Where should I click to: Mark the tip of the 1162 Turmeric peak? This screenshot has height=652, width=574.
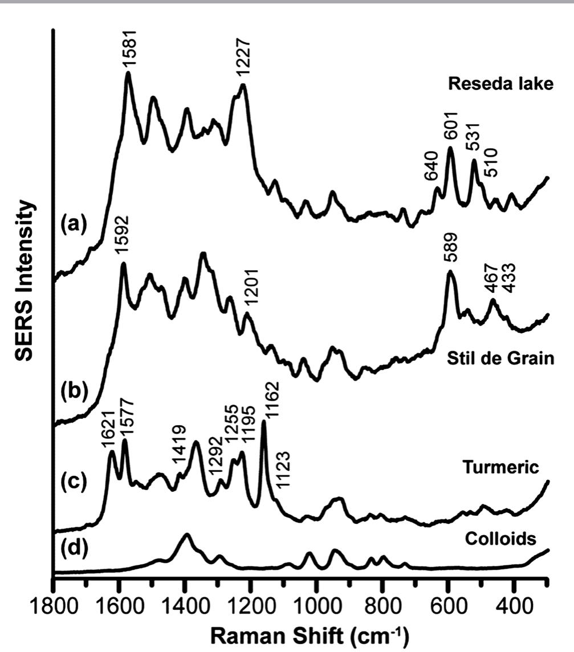pyautogui.click(x=264, y=422)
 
